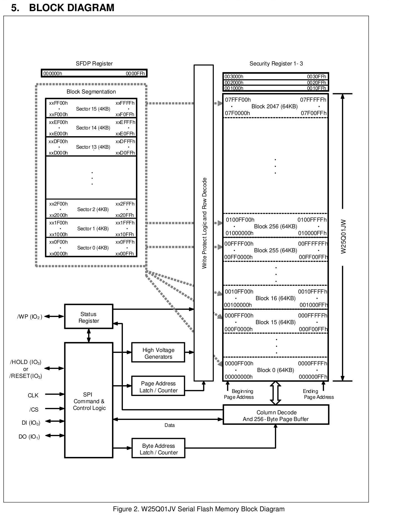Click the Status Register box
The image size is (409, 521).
click(x=89, y=316)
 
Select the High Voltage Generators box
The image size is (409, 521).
click(x=158, y=352)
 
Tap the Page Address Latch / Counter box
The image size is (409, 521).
click(x=158, y=386)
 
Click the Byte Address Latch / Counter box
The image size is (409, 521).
click(x=158, y=448)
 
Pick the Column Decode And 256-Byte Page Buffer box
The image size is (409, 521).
click(x=276, y=415)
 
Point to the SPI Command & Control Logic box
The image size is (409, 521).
click(x=89, y=400)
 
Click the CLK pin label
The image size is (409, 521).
click(x=33, y=395)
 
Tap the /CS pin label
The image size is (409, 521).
click(x=34, y=410)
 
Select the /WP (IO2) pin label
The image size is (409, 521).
click(x=29, y=317)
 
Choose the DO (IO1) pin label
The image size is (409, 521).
click(x=29, y=437)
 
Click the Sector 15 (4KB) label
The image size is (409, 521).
click(x=93, y=109)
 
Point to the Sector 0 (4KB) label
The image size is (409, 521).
click(x=93, y=248)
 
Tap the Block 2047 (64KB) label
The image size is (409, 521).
click(x=274, y=106)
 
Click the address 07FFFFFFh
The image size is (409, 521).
click(x=313, y=100)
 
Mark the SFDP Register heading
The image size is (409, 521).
click(x=94, y=63)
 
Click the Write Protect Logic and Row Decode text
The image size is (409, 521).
click(x=204, y=223)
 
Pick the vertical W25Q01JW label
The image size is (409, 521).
click(x=343, y=237)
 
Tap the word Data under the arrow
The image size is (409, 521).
click(x=170, y=425)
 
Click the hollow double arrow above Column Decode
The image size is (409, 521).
click(x=276, y=393)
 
